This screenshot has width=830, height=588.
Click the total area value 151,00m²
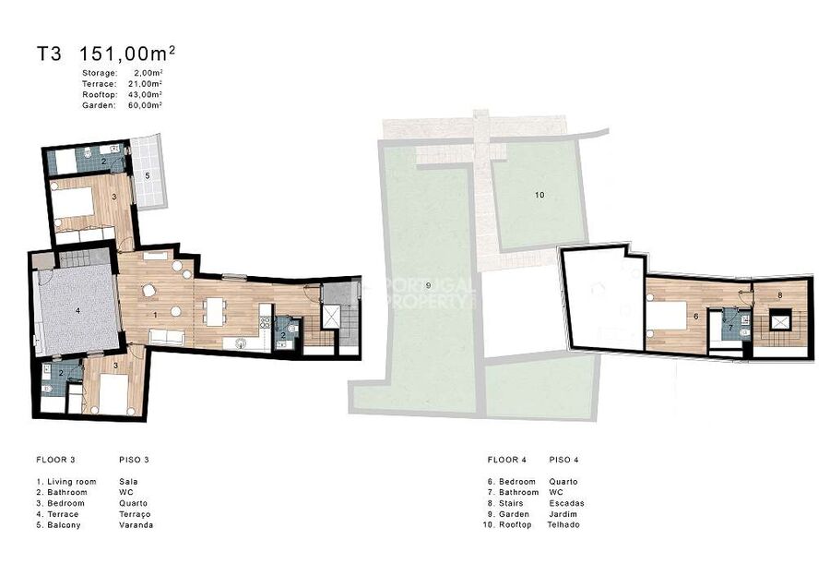[127, 54]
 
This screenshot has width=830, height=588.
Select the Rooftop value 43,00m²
[145, 94]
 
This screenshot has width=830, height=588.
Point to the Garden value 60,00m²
[145, 105]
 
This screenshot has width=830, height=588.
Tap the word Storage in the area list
[99, 73]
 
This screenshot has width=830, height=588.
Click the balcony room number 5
[148, 174]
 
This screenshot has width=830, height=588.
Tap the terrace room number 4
[77, 311]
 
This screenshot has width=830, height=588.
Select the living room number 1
[155, 315]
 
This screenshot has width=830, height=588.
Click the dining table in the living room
[214, 312]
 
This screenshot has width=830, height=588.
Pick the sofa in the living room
[167, 336]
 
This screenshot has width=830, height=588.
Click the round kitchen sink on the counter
[242, 343]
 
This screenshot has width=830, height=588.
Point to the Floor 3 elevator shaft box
[332, 317]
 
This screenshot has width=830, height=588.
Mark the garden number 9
[428, 285]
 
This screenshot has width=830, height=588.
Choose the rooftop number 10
[539, 195]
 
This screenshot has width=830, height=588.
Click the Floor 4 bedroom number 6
[695, 317]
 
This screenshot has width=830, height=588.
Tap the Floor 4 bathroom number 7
[731, 328]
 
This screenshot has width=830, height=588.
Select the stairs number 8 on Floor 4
[779, 295]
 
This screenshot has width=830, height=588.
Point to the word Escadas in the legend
[566, 503]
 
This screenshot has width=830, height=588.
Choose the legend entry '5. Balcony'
[59, 525]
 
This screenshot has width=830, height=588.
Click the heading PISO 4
[563, 460]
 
